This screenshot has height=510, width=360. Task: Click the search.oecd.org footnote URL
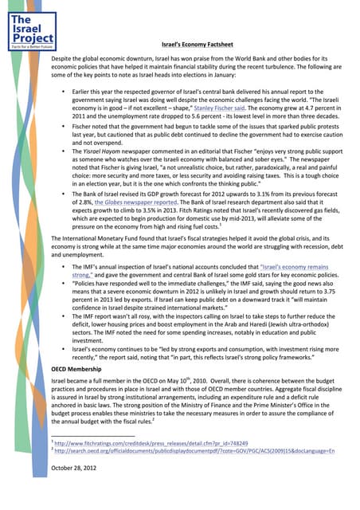(182, 473)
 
